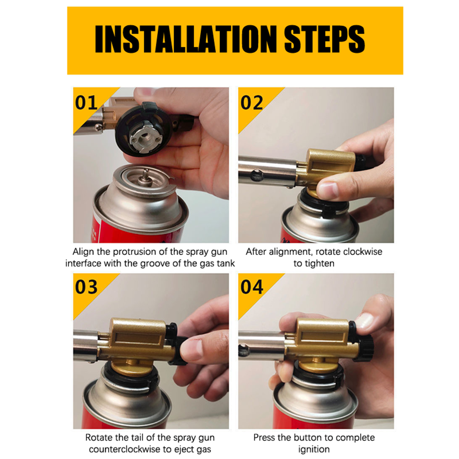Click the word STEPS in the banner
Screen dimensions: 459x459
(325, 39)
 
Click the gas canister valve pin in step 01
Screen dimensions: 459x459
(145, 176)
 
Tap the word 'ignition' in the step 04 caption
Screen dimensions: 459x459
(314, 450)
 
